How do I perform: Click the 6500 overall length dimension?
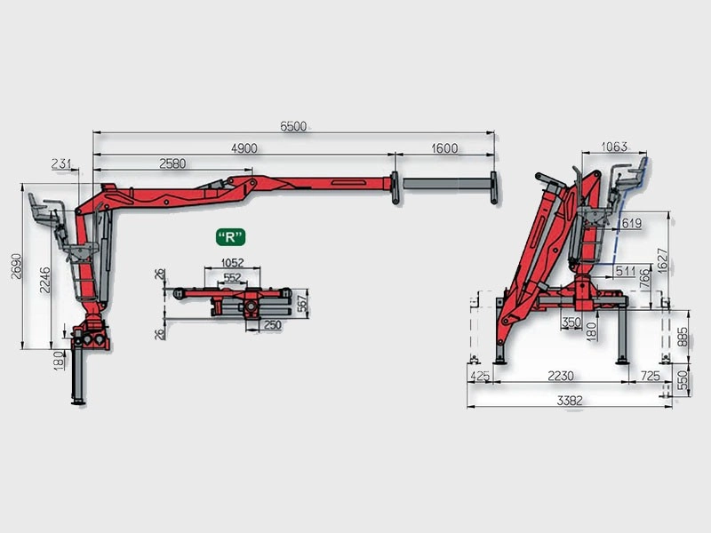point(293,126)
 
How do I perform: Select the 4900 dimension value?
point(244,148)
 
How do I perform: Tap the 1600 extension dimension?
point(444,148)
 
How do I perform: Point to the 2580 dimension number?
point(172,163)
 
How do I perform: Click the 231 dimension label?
point(61,163)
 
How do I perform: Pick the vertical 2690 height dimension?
point(16,266)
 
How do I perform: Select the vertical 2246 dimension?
point(45,280)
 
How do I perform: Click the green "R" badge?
point(230,237)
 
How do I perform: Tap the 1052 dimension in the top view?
point(232,262)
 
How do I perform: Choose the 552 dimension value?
point(232,277)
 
